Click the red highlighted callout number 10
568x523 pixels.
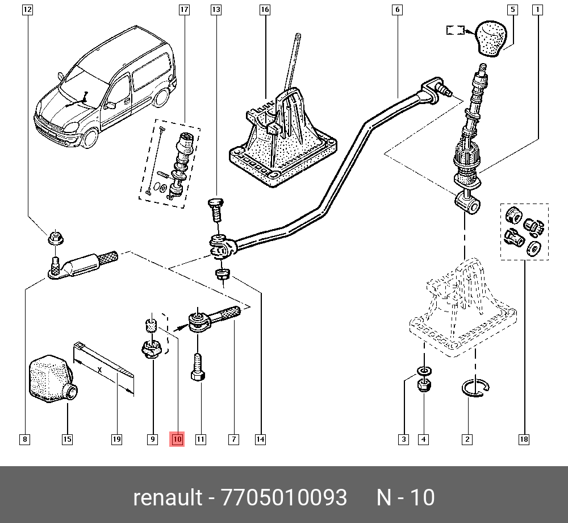[177, 439]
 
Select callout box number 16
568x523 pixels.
[265, 10]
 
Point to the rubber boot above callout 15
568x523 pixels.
[51, 378]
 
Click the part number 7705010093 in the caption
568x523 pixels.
[284, 498]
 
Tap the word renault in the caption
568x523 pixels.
[167, 498]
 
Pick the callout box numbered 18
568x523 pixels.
[524, 439]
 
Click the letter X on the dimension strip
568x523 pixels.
[100, 370]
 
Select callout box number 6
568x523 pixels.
[396, 10]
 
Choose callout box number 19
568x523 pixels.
[116, 439]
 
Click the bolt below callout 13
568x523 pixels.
[216, 210]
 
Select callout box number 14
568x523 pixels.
[260, 439]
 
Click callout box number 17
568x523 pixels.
[183, 10]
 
